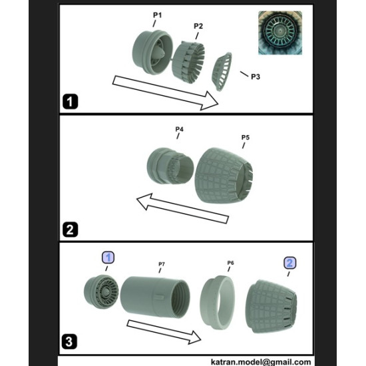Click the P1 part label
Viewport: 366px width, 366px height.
click(157, 15)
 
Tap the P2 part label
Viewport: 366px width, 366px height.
click(198, 26)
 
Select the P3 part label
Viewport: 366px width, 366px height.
click(256, 77)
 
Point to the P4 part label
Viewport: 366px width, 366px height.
click(179, 129)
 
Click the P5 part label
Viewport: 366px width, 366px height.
click(246, 138)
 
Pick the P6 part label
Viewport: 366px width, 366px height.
click(230, 263)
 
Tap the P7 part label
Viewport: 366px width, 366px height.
click(162, 264)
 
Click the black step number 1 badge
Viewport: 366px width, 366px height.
click(70, 102)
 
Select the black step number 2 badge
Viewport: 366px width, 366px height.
click(70, 230)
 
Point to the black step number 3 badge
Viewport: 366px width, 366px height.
click(69, 342)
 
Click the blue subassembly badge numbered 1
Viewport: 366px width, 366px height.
click(108, 258)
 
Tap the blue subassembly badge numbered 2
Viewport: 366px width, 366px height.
click(289, 263)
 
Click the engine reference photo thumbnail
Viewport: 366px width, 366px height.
click(280, 33)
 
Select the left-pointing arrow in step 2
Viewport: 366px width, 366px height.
click(182, 208)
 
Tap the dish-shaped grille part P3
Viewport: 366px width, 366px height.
click(222, 71)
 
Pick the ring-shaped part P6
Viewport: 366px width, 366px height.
click(217, 302)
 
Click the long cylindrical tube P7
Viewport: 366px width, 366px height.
click(155, 297)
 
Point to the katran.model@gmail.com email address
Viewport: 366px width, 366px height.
click(261, 362)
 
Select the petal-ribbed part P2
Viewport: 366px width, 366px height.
click(188, 63)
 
